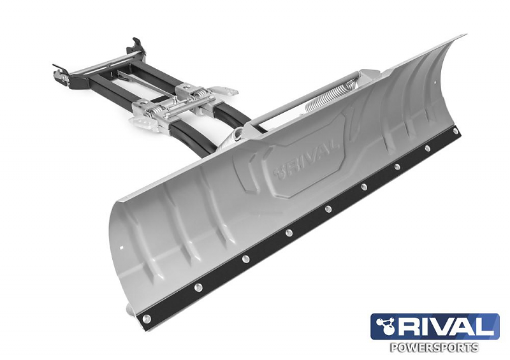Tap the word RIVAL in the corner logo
click(x=446, y=327)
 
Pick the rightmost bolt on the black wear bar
click(x=455, y=131)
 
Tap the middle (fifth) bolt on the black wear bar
click(x=328, y=208)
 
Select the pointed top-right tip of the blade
click(x=463, y=36)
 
